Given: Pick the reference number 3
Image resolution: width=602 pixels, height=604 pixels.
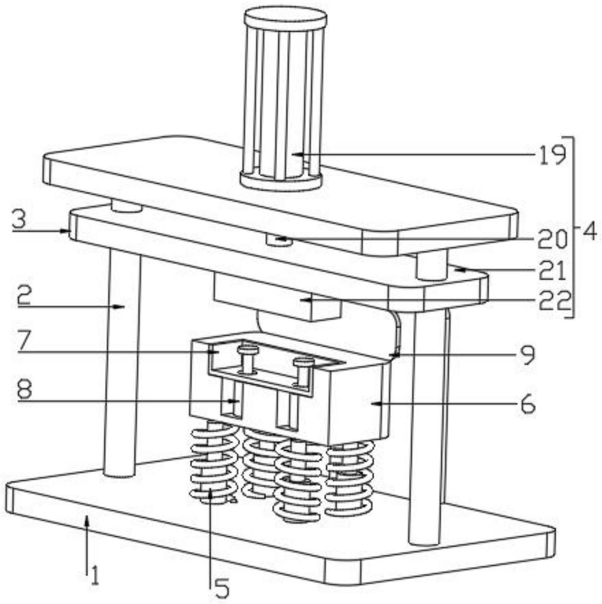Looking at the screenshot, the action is coord(19,221).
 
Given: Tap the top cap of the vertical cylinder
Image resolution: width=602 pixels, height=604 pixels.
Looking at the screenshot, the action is coord(285,19).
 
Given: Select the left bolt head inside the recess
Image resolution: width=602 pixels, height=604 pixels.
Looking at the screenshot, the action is coord(247,348).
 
